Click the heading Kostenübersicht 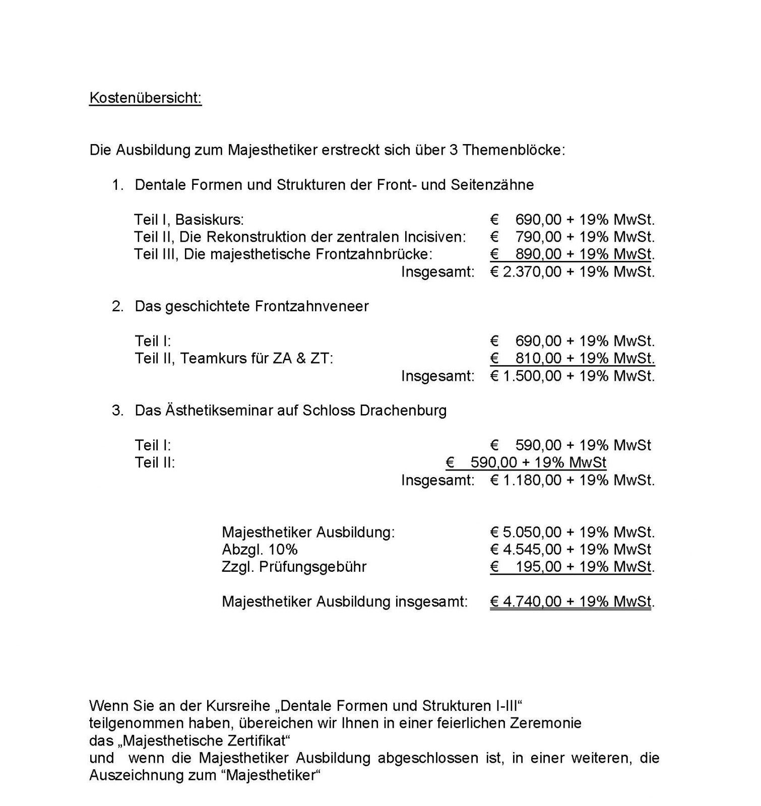tap(145, 98)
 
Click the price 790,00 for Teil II tap(538, 237)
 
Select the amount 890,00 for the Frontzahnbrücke tap(538, 254)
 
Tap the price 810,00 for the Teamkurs tap(538, 359)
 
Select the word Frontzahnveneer tap(312, 306)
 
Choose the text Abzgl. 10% tap(260, 550)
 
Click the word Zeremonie tap(545, 723)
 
